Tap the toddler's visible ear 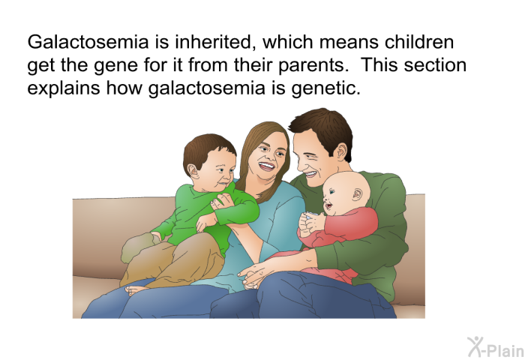(x=193, y=170)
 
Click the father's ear (x=341, y=152)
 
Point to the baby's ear (x=357, y=194)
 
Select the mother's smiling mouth (x=267, y=166)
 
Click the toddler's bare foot (x=136, y=289)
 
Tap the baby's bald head (x=346, y=185)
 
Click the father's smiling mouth (x=310, y=174)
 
